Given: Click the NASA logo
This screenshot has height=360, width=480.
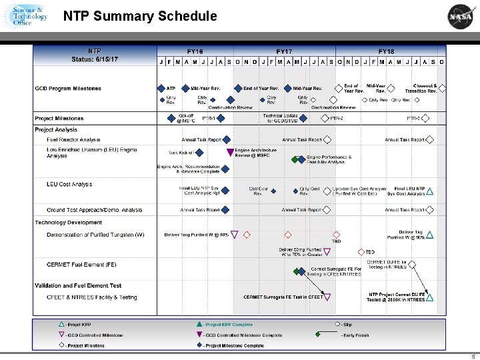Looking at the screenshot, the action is point(461,16).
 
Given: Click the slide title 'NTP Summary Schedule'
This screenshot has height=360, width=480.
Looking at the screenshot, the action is point(140,16).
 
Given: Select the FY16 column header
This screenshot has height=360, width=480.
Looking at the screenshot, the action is point(195,51).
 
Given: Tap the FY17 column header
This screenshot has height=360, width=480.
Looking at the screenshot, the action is point(285,51).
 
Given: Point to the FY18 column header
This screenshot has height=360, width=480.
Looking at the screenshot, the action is point(387,51).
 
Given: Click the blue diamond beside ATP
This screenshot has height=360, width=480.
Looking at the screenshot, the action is point(161,88).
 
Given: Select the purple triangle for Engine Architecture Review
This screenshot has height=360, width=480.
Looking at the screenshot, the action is point(231,152).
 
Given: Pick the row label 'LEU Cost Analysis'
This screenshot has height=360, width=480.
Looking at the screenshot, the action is point(69,184).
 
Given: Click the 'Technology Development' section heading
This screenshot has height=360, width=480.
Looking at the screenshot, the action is point(69,223).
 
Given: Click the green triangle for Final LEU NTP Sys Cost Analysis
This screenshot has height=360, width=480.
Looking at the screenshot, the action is point(431,191).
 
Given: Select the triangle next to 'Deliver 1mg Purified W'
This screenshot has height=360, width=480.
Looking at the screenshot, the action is point(235,235).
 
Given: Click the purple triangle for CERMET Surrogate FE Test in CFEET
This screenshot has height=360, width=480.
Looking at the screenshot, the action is point(328,297).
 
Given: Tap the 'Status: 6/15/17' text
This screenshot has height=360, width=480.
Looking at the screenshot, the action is point(95,59).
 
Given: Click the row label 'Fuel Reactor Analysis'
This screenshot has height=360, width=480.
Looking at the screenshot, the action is point(73,140).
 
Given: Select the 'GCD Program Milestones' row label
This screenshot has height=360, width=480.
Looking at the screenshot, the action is point(68,89).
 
